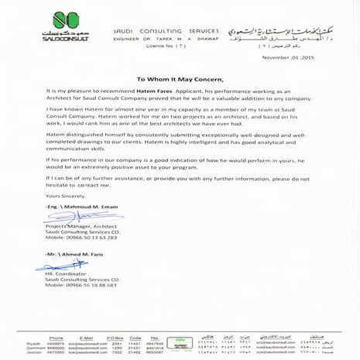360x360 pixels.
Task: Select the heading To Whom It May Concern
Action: [179, 79]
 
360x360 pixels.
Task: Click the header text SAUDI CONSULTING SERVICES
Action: [167, 29]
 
